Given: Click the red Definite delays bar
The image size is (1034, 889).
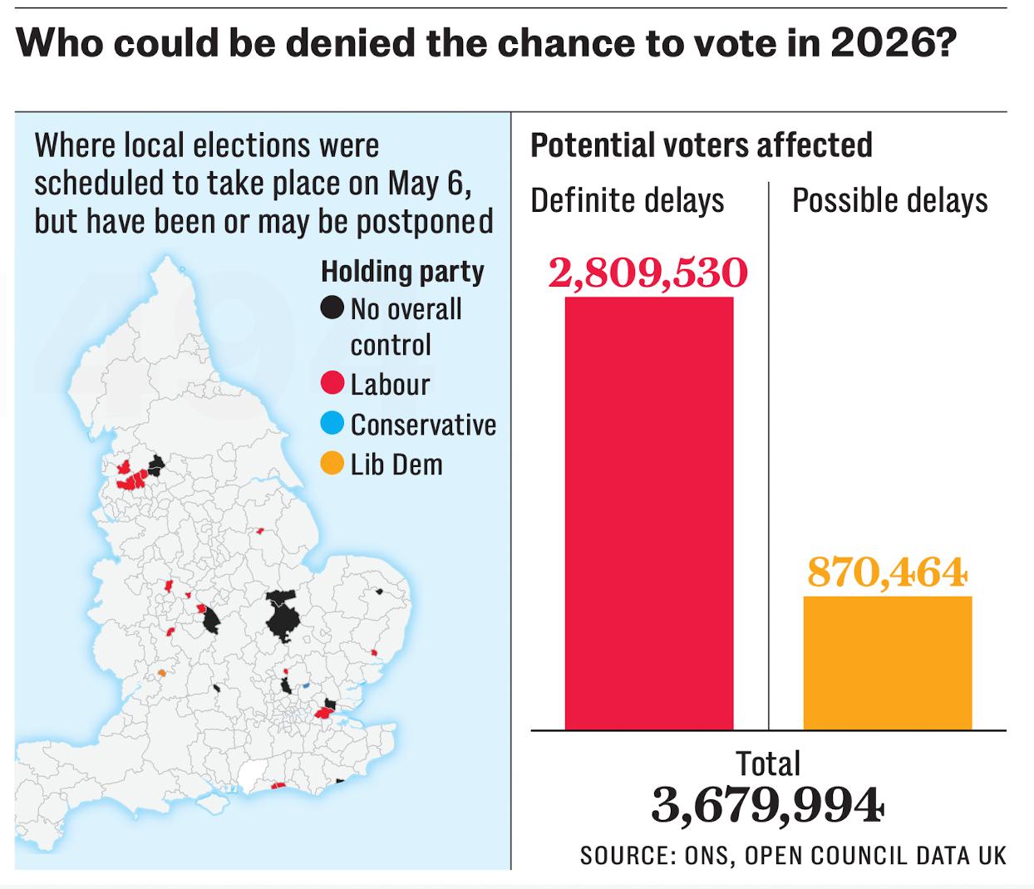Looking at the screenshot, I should [x=649, y=513].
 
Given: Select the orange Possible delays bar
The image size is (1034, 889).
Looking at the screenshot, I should [x=887, y=662].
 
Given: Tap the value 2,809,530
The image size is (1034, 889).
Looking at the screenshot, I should [x=648, y=273].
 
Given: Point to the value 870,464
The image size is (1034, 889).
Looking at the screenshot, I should [x=887, y=572].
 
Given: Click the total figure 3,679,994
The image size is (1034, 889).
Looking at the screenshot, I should [x=767, y=805].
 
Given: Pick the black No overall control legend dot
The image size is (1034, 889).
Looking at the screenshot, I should [x=332, y=308].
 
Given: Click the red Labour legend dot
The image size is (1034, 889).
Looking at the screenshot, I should [x=332, y=383].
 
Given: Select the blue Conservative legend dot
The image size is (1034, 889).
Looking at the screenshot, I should [x=332, y=424].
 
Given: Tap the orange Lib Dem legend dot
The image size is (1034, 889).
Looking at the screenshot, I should [x=332, y=464].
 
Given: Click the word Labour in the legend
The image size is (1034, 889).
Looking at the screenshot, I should [x=390, y=384].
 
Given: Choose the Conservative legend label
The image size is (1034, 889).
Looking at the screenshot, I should [x=423, y=425].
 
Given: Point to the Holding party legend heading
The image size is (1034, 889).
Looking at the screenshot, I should [x=402, y=271].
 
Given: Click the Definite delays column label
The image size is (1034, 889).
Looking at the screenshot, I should [x=628, y=201].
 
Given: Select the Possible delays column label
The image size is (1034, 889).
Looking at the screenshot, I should [x=889, y=201].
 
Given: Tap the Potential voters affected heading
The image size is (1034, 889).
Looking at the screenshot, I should [x=702, y=145].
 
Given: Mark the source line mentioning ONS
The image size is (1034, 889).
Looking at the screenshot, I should [x=793, y=855].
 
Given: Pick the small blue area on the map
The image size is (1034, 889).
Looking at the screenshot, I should [x=306, y=685].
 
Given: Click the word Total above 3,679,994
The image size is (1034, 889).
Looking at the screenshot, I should [x=768, y=764].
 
